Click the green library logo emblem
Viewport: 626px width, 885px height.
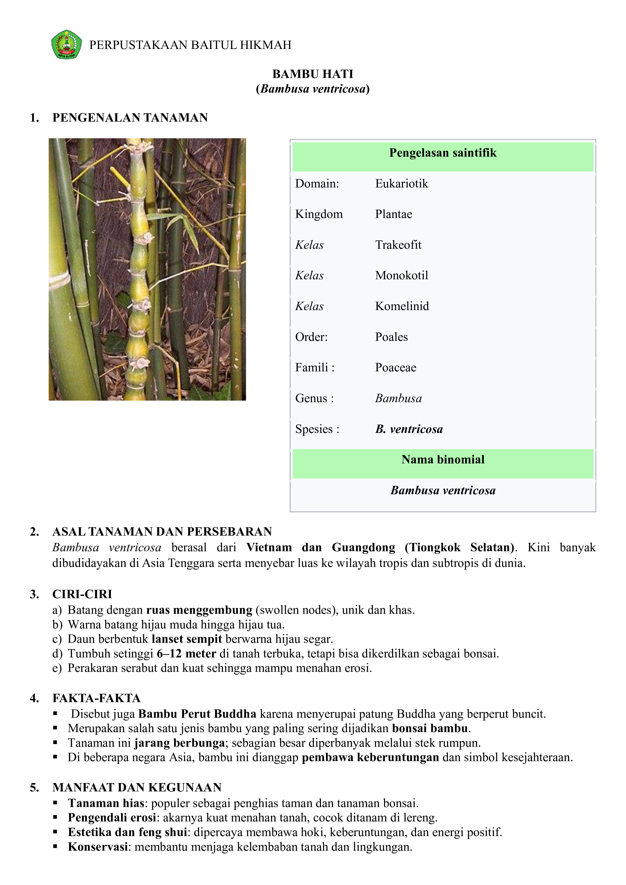coord(66,44)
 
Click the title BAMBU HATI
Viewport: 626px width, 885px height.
coord(313,74)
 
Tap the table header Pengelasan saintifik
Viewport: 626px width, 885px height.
coord(443,153)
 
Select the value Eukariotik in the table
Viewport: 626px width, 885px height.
coord(401,183)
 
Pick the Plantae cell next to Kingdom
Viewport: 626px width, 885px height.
coord(394,214)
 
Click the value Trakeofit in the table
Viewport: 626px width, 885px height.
coord(398,245)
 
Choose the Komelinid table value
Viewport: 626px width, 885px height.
coord(402,306)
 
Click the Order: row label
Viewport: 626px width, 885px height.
coord(311,337)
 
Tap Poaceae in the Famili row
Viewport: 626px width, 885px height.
coord(395,367)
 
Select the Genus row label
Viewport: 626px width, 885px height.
coord(314,398)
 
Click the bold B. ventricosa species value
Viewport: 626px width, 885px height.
coord(409,429)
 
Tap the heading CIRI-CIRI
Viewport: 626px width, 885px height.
coord(82,594)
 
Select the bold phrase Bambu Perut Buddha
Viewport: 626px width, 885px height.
coord(197,714)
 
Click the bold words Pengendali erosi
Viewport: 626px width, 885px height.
coord(112,817)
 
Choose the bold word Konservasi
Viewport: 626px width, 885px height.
coord(98,847)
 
